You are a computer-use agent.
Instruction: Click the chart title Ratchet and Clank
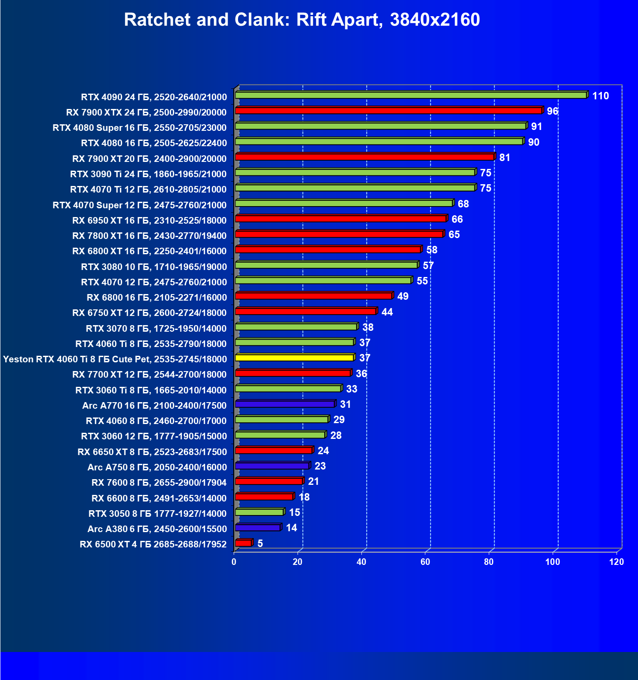point(301,20)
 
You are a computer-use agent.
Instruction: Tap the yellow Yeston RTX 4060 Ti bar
point(294,358)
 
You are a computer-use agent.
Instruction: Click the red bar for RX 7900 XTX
point(388,110)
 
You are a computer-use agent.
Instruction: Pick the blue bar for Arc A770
point(284,404)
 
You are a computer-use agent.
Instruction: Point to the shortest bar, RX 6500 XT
point(243,543)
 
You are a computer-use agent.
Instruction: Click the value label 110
point(600,96)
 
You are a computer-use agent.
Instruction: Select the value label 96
point(553,111)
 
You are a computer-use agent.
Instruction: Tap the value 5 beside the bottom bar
point(260,543)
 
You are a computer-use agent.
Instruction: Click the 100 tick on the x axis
point(553,562)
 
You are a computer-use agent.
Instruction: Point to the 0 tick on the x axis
point(234,562)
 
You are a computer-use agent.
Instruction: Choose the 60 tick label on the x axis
point(425,562)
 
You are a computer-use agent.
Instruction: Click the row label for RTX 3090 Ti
point(148,174)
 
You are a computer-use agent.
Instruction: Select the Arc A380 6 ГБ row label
point(157,529)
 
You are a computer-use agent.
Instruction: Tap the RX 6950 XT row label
point(149,220)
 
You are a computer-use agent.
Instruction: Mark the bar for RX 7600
point(269,481)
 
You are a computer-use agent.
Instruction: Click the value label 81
point(505,158)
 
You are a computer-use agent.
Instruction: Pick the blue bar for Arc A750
point(272,466)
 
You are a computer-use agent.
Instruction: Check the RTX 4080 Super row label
point(140,128)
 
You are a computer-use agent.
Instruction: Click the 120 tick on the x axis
point(617,562)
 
